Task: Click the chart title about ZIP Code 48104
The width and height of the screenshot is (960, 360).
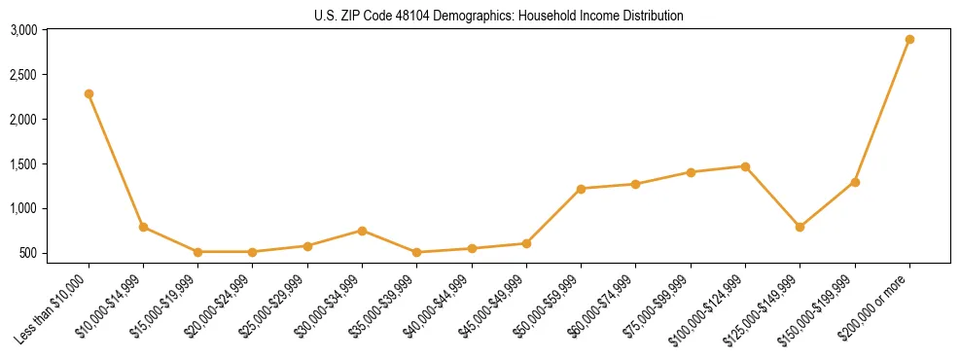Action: click(x=499, y=16)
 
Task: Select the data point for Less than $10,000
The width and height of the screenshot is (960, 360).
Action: click(x=89, y=94)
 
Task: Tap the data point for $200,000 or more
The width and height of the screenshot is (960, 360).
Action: click(x=909, y=40)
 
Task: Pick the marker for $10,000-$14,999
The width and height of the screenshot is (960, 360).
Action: click(x=143, y=227)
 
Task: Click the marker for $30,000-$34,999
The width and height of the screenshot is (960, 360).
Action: click(x=362, y=231)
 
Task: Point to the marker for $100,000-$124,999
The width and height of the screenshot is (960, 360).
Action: click(x=745, y=166)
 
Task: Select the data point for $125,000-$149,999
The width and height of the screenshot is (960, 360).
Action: click(x=800, y=227)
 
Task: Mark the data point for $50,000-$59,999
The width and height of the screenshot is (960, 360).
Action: click(x=581, y=189)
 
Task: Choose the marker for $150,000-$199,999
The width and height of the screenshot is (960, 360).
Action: click(x=855, y=182)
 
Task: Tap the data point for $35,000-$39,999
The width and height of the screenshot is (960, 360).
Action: click(x=416, y=252)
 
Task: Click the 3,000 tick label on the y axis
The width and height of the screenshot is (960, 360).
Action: click(x=23, y=30)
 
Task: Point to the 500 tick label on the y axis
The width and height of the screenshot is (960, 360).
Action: click(x=28, y=253)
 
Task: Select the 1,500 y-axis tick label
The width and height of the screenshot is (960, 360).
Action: click(x=23, y=164)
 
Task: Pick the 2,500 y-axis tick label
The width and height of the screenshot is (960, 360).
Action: click(x=23, y=75)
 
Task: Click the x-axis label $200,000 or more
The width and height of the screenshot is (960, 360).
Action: click(x=876, y=303)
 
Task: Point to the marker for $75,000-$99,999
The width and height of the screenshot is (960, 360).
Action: click(x=691, y=172)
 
